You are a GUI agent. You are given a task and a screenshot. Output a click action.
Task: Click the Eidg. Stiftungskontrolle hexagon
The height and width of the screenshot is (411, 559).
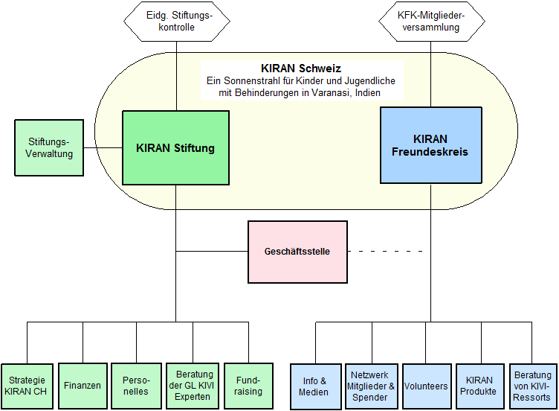(x=176, y=21)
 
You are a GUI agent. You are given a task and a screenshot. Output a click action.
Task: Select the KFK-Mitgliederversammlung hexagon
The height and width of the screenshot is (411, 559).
(x=431, y=21)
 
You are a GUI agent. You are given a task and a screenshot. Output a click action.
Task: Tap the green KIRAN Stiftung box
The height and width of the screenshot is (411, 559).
(x=175, y=148)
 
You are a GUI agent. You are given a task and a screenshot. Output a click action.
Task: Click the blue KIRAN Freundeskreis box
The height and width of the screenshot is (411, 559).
(x=430, y=145)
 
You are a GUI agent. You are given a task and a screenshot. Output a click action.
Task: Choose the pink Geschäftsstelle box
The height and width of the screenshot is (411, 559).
(x=297, y=252)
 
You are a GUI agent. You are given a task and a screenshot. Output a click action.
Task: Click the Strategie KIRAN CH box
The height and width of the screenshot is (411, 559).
(x=28, y=386)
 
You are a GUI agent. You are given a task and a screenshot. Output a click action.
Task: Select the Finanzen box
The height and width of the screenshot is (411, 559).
(x=82, y=386)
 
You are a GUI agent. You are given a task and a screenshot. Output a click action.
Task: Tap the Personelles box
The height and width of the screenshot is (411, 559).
(x=136, y=386)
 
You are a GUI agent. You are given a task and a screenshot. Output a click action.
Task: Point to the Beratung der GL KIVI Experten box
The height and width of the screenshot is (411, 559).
(x=190, y=386)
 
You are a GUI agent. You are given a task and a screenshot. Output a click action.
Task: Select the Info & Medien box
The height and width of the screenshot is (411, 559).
(x=314, y=386)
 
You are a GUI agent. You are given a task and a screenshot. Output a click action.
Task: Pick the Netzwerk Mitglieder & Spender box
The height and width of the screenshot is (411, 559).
(x=371, y=386)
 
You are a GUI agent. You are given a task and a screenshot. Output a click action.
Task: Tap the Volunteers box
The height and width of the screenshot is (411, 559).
(x=426, y=386)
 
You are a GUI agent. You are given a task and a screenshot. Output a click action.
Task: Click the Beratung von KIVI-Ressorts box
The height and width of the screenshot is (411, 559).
(x=532, y=386)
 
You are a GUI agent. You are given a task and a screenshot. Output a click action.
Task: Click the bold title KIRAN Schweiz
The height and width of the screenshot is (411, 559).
(x=300, y=67)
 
